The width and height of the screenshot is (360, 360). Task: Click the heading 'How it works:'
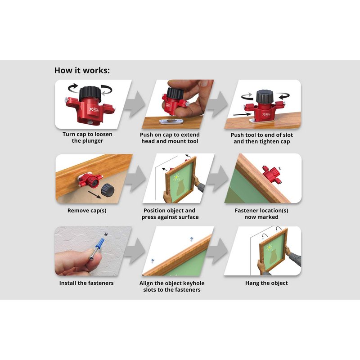click(82, 70)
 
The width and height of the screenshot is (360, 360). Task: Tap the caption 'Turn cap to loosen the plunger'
click(87, 138)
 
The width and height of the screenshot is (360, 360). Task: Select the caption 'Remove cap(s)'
click(87, 211)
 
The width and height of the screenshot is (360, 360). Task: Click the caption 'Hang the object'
click(266, 283)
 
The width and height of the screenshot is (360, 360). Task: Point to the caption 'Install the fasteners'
click(86, 283)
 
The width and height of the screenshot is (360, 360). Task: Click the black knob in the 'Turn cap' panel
click(90, 94)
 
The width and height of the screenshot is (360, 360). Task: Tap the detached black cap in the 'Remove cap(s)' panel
click(108, 190)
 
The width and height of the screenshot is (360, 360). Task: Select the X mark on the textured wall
click(106, 234)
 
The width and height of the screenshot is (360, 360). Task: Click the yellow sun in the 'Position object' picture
click(176, 177)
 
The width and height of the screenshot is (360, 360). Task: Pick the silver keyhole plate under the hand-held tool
click(171, 121)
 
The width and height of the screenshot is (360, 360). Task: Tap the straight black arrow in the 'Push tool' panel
click(243, 114)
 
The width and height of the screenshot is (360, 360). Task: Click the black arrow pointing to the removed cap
click(94, 195)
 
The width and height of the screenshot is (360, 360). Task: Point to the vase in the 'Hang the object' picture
click(273, 256)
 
